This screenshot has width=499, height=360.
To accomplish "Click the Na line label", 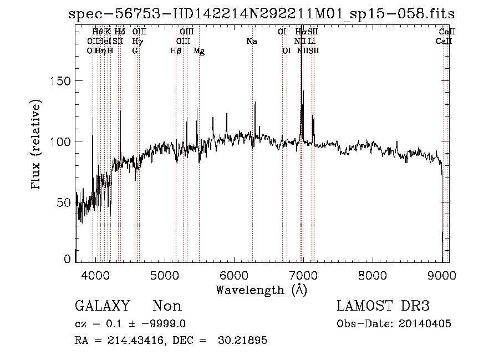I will click(252, 41).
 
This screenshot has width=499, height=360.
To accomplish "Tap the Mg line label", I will click(199, 51).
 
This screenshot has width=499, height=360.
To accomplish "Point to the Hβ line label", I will click(176, 51).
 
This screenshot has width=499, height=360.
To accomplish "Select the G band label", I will click(135, 50).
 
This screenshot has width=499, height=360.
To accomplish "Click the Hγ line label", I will click(137, 41).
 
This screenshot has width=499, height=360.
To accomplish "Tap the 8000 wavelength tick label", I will click(373, 276).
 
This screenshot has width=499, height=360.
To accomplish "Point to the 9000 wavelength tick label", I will click(442, 276).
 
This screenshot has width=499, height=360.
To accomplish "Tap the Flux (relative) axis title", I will click(37, 145).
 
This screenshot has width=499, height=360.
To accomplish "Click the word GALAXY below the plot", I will click(102, 306).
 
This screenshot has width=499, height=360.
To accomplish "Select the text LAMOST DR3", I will click(383, 306).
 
